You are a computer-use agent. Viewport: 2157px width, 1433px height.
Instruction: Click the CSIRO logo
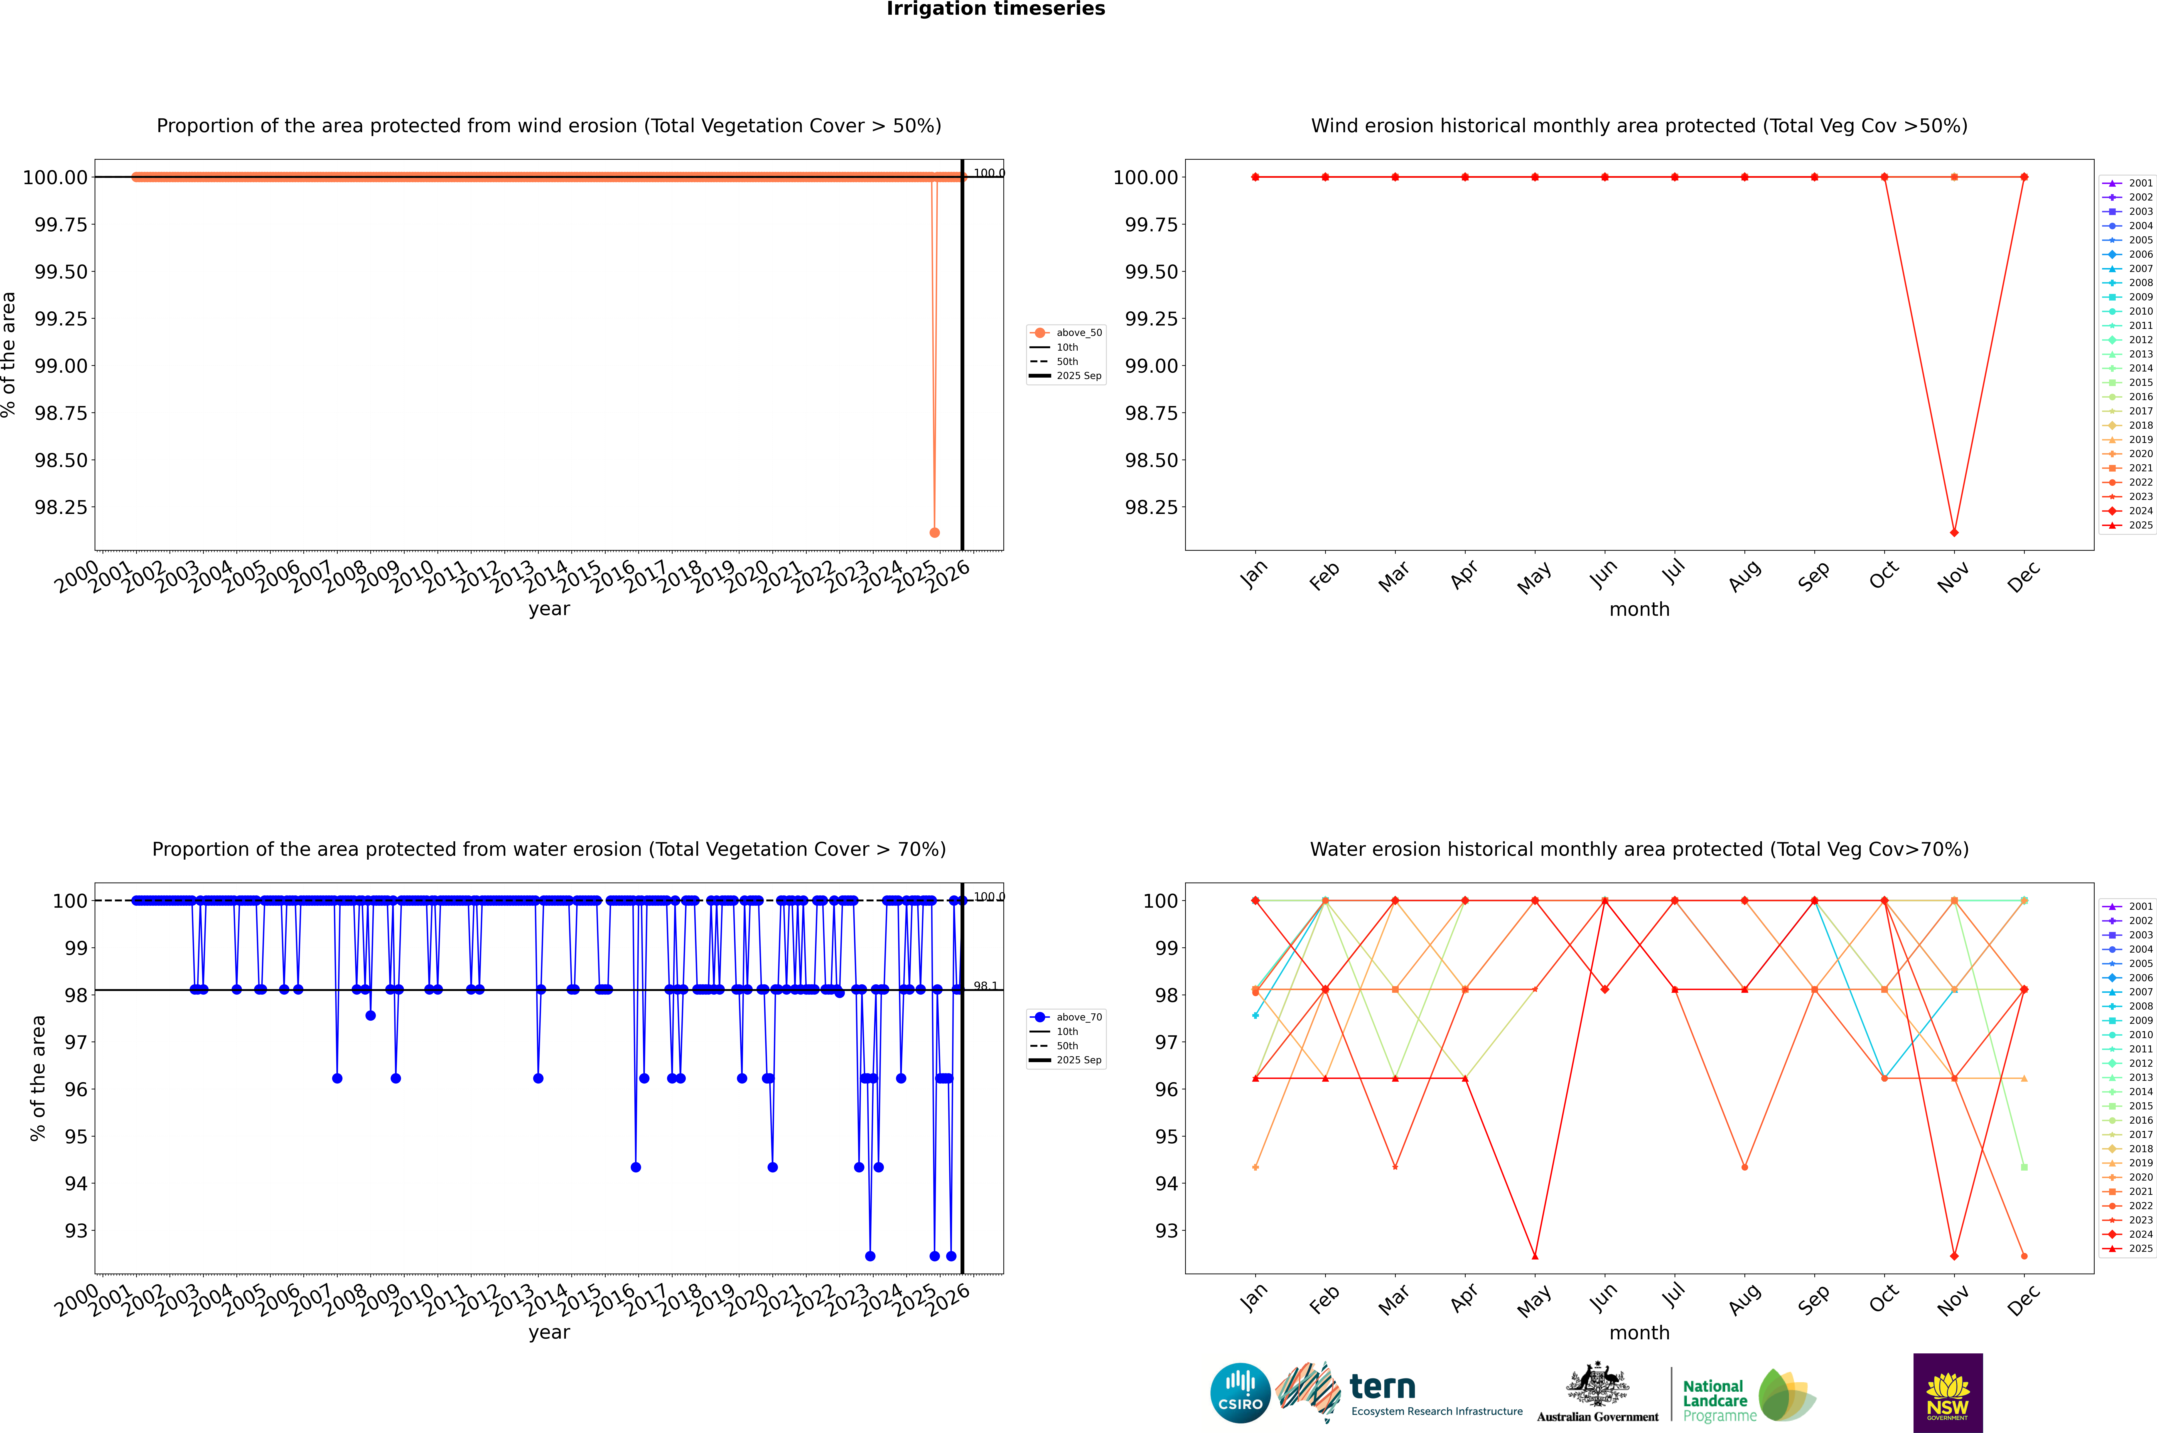click(x=1240, y=1393)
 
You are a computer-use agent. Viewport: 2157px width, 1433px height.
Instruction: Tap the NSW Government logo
click(x=1948, y=1393)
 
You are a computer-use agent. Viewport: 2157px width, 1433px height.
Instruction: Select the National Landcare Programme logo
click(x=1748, y=1396)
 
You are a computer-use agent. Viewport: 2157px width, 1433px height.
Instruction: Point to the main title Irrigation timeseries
click(x=996, y=9)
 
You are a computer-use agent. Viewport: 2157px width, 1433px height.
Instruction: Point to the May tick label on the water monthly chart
click(x=1533, y=1301)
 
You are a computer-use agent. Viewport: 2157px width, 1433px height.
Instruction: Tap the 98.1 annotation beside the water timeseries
click(x=985, y=986)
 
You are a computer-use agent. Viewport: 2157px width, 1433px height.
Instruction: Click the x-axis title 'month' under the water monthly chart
click(x=1639, y=1333)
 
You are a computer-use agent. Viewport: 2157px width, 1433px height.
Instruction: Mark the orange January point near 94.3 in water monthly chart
click(x=1255, y=1167)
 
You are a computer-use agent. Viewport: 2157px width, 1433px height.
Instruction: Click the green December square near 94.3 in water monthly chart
click(x=2024, y=1167)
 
